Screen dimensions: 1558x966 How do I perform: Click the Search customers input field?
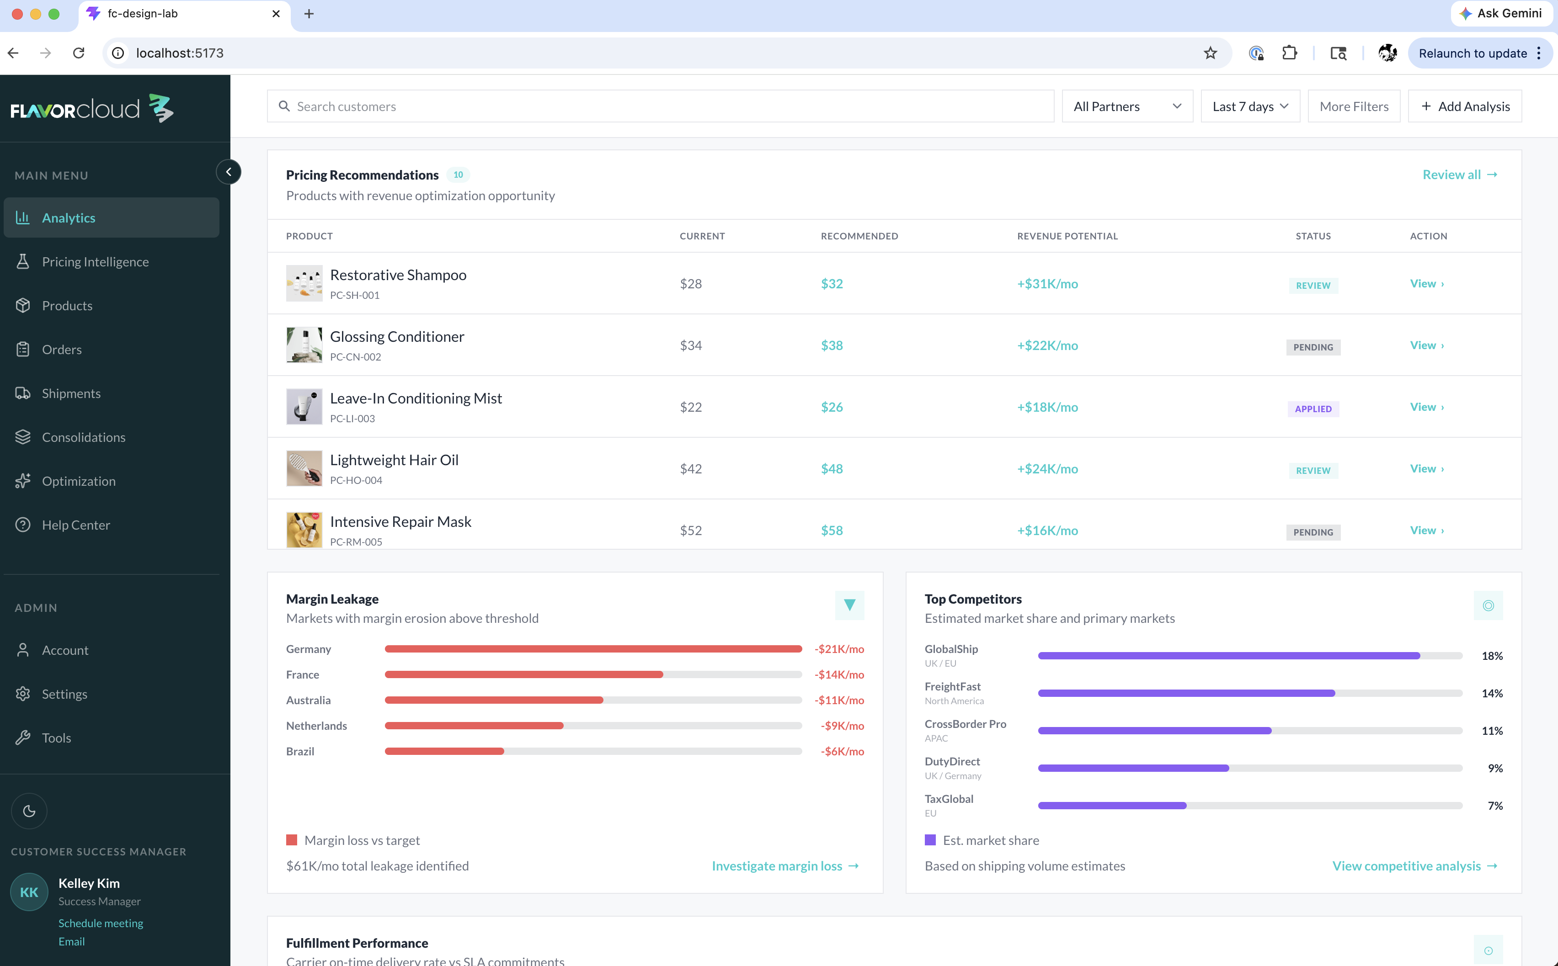pos(660,106)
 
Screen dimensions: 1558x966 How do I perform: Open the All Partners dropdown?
pos(1127,106)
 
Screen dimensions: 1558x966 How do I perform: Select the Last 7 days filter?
pos(1250,106)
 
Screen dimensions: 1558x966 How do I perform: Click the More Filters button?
pos(1354,106)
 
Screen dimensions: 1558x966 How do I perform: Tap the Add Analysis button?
pos(1465,106)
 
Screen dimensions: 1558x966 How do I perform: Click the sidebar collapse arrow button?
pos(229,172)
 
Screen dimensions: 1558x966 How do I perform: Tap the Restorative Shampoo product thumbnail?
pos(304,283)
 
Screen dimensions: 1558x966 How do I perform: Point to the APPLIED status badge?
pos(1313,409)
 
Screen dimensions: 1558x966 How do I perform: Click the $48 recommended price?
pos(832,468)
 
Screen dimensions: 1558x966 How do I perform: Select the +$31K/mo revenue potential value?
pos(1047,284)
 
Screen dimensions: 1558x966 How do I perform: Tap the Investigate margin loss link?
pos(786,865)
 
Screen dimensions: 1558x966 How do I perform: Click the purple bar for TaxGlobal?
pos(1112,806)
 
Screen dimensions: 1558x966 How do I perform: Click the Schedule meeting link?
pos(101,923)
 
